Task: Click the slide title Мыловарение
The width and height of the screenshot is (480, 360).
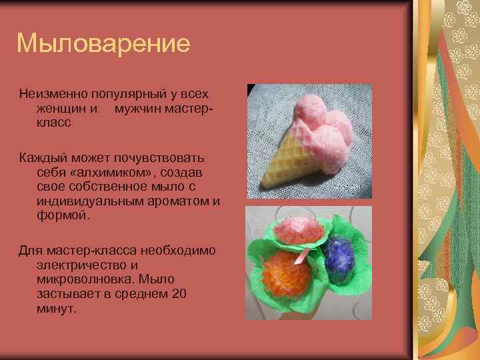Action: [103, 45]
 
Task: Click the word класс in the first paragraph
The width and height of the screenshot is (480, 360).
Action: [54, 123]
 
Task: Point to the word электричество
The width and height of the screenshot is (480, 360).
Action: [81, 265]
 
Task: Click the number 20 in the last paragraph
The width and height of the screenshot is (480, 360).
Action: [179, 294]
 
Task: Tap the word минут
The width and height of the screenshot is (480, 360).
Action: [57, 309]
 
